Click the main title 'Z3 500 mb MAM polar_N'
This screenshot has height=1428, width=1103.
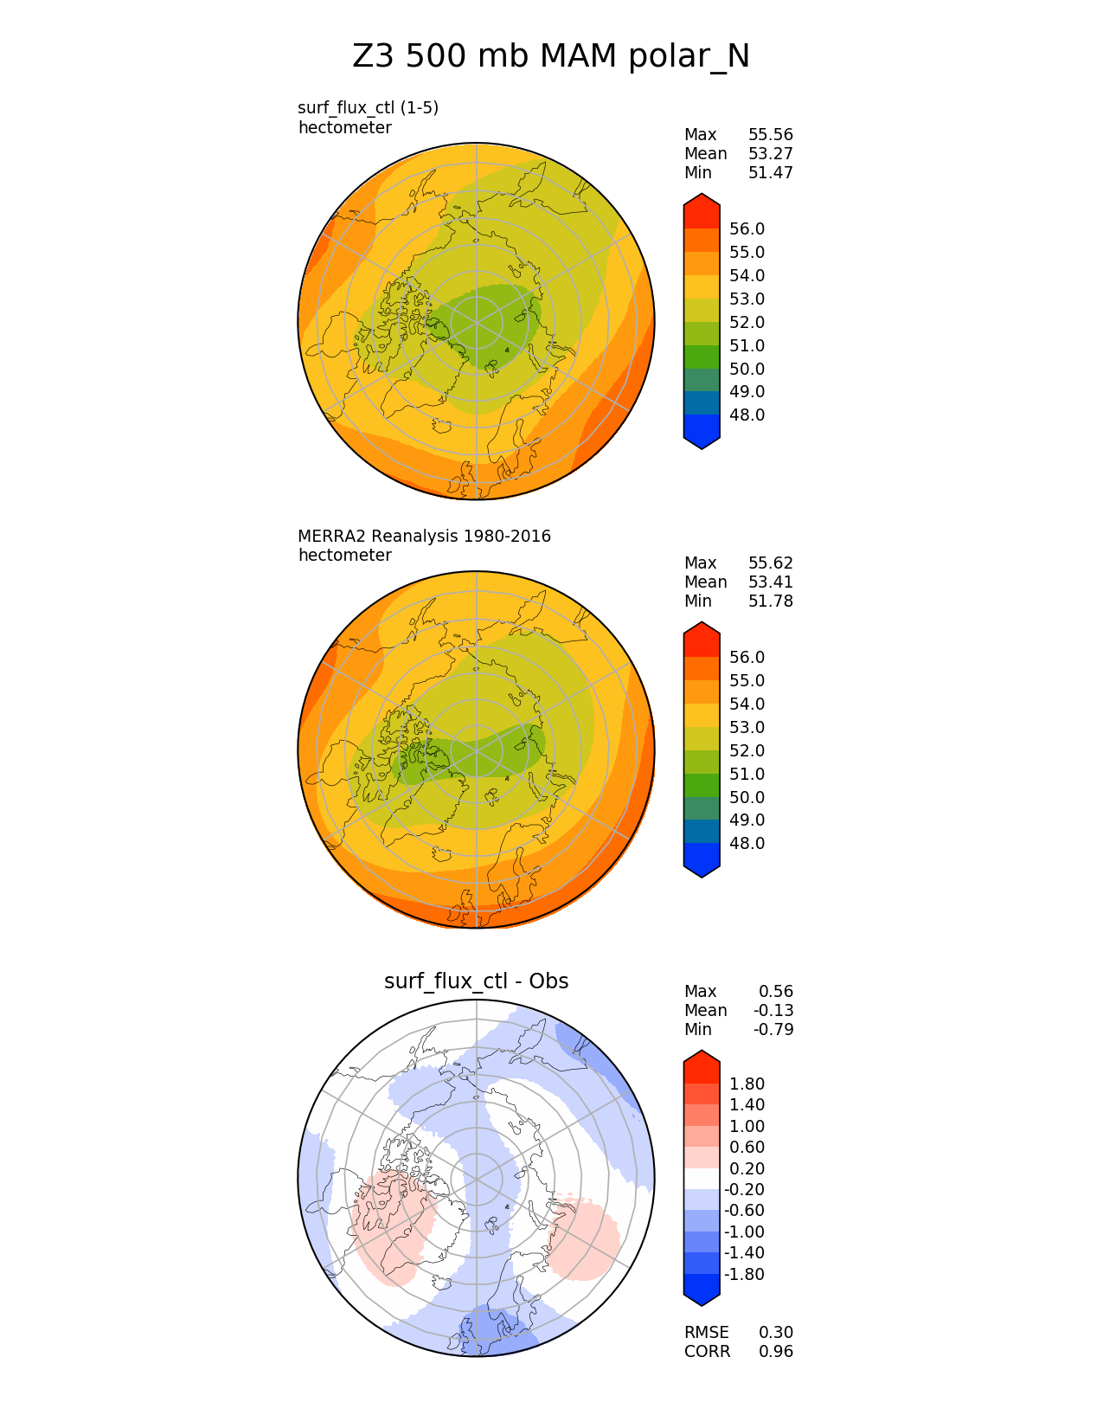(x=551, y=57)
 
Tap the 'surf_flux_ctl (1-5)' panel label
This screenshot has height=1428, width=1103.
(x=368, y=108)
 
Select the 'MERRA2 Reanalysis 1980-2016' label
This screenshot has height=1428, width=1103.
(x=424, y=537)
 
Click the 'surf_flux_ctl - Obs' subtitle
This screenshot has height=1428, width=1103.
(x=476, y=981)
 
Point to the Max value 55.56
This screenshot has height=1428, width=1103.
(x=770, y=135)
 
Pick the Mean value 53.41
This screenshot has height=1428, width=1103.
(x=770, y=582)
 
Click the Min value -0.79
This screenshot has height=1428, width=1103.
(x=773, y=1030)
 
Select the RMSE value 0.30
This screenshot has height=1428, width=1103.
(x=775, y=1333)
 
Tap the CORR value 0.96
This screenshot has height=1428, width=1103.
(x=775, y=1352)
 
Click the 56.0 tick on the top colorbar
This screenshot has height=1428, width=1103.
(x=747, y=229)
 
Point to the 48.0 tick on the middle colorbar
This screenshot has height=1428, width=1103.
(x=747, y=844)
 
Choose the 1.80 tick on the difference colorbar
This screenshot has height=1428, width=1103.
(x=747, y=1084)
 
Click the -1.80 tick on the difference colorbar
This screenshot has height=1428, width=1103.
(x=744, y=1275)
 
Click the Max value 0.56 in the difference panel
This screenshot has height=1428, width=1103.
(x=775, y=992)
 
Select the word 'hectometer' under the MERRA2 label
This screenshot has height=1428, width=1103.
(x=344, y=556)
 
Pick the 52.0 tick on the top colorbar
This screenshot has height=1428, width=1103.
(x=747, y=323)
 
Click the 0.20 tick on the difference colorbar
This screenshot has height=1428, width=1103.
(x=747, y=1169)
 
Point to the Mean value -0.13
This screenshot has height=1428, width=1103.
(x=773, y=1011)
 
